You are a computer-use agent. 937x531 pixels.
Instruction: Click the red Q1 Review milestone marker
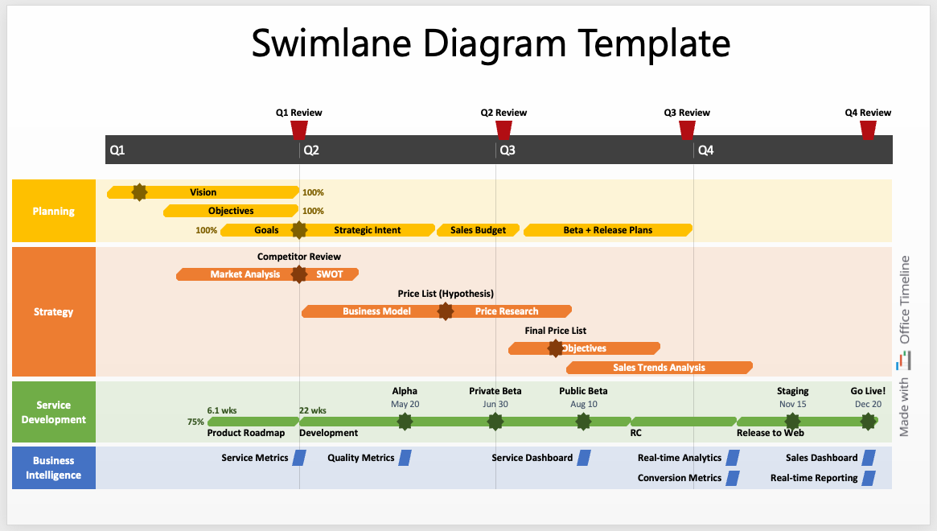[299, 129]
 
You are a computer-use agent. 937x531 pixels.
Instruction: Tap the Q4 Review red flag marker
[868, 129]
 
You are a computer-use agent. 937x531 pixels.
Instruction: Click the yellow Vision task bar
[203, 192]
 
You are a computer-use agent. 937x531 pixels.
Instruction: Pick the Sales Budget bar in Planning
[478, 230]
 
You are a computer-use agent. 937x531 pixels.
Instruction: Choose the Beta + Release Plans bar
[608, 230]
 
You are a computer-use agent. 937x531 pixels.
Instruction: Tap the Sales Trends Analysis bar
[659, 368]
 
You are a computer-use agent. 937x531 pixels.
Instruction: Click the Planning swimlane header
[54, 212]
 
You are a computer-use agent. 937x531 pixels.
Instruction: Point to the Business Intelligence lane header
[54, 467]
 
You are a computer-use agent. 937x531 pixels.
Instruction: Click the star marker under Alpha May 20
[405, 421]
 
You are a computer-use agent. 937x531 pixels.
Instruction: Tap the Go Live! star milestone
[868, 421]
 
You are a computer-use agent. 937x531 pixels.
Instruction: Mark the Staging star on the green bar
[792, 421]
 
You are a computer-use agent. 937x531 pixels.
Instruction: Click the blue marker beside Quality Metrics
[405, 458]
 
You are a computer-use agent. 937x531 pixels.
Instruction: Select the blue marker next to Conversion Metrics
[733, 478]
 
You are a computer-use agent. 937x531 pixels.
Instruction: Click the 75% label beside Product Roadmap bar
[195, 422]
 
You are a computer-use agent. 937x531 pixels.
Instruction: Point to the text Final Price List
[555, 331]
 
